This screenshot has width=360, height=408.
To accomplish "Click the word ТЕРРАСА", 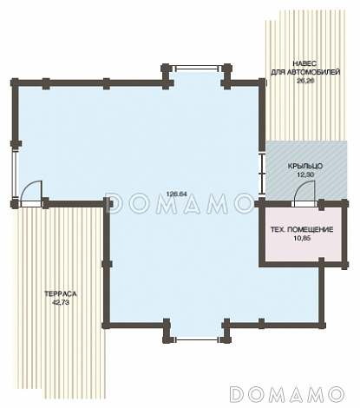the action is tap(61, 294).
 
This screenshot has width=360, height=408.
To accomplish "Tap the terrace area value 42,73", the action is tap(61, 303).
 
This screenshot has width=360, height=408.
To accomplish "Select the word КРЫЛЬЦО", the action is tap(305, 166).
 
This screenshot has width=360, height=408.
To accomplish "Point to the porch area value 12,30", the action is tap(305, 174).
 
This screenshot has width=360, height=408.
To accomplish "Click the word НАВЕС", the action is tap(304, 63).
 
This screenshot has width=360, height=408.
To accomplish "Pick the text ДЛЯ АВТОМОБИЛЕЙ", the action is tap(305, 72).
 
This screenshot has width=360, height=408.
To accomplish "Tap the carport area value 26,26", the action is tap(305, 81).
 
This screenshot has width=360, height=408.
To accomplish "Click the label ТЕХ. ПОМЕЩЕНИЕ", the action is tap(302, 230).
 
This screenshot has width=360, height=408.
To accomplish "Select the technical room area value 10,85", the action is tap(302, 239).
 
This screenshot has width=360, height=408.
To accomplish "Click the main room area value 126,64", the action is tap(176, 194).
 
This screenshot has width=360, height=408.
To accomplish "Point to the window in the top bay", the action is tap(196, 68).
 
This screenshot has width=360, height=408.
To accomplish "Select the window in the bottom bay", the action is tap(196, 339).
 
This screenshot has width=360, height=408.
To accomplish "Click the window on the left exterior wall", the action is tap(15, 174).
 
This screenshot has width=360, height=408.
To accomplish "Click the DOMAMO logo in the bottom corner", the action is tap(287, 394).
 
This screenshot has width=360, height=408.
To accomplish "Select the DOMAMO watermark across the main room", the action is tap(180, 203).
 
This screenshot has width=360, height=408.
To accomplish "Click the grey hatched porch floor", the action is tap(306, 170).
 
